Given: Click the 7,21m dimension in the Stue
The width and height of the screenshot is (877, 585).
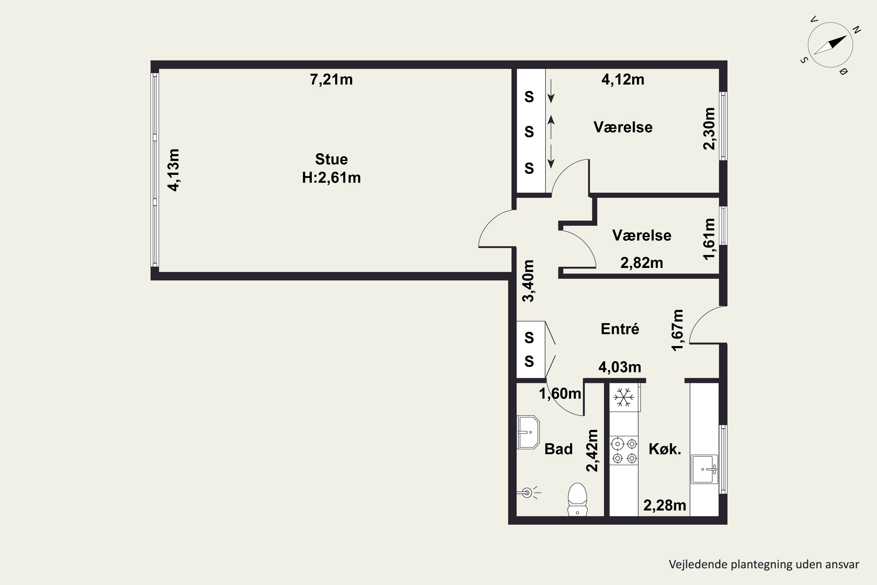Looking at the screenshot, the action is tap(331, 80).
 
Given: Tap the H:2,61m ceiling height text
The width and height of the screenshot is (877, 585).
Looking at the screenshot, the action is tap(331, 178).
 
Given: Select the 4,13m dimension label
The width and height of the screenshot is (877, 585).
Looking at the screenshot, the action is tap(173, 170).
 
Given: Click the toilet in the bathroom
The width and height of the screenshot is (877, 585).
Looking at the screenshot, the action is tap(577, 500).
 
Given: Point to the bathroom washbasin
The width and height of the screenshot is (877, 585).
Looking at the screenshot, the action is tap(528, 432).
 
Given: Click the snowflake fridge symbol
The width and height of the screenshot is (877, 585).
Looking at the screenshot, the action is tap(624, 397).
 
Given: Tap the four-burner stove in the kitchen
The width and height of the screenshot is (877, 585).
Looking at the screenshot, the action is tap(624, 450).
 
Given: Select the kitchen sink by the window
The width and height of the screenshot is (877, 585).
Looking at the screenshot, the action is tap(704, 469).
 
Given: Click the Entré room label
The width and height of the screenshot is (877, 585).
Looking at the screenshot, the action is tap(620, 329).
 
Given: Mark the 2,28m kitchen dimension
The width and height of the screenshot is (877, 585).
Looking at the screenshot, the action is tap(665, 505).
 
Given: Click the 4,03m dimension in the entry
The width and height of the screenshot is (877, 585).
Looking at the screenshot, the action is tap(620, 367).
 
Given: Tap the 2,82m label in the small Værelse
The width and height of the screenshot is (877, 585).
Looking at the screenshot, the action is tap(642, 263).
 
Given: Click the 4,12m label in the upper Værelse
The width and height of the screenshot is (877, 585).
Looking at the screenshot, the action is tap(623, 80).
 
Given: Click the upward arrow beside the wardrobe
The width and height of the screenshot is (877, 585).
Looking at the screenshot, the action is tap(551, 127).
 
